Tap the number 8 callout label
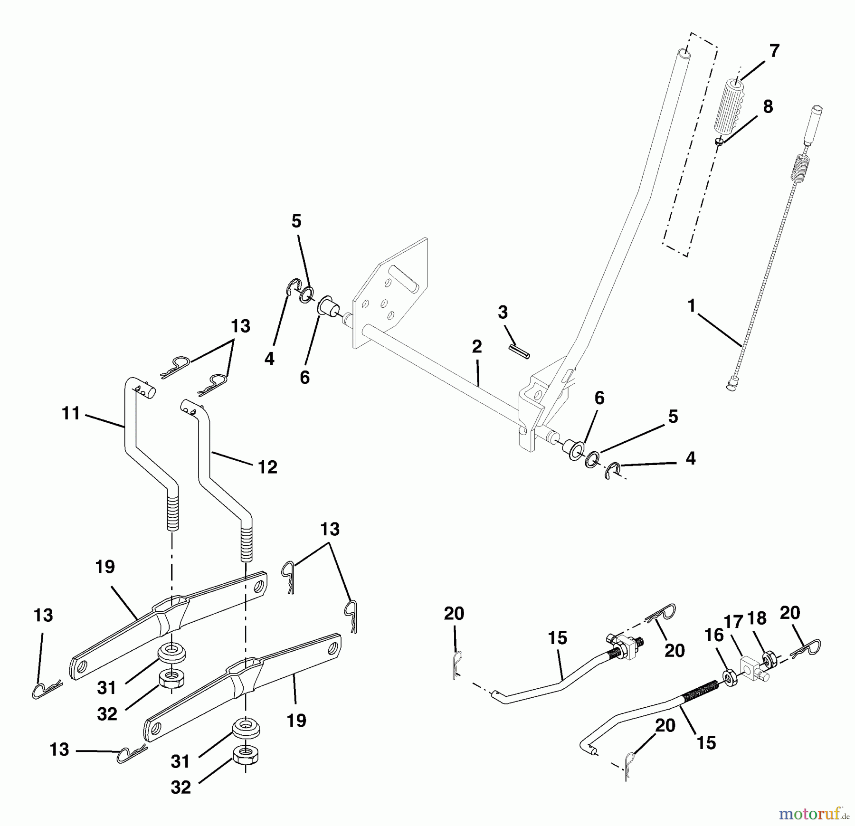click(x=768, y=107)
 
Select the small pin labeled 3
click(x=519, y=352)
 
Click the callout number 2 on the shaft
click(x=477, y=347)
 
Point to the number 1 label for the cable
click(x=692, y=306)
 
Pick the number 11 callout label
click(x=71, y=414)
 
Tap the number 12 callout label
click(x=267, y=467)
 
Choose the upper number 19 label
click(x=105, y=567)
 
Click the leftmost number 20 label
click(x=454, y=614)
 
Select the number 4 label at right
click(x=690, y=458)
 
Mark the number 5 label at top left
click(x=296, y=221)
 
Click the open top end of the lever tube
click(x=683, y=51)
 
